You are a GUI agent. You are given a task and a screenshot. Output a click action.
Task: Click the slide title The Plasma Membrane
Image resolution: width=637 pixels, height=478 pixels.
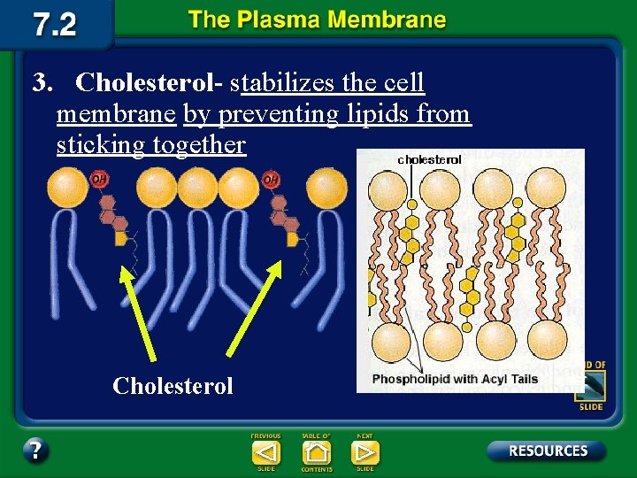[317, 21]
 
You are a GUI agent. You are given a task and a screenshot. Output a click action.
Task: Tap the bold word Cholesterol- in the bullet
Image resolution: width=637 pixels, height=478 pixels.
[149, 83]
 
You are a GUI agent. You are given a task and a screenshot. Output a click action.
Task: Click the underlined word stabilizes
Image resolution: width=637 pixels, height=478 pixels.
[282, 83]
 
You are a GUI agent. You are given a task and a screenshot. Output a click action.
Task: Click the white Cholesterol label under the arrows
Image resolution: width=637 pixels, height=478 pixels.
[173, 386]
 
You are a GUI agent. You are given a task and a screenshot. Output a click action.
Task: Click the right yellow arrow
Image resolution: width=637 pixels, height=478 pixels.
[257, 310]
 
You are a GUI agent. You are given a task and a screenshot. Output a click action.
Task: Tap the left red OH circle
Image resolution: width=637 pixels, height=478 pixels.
[99, 180]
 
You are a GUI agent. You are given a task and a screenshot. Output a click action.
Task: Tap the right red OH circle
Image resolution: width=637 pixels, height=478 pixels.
[270, 180]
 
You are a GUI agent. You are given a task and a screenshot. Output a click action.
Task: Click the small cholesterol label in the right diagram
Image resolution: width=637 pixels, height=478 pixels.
[429, 159]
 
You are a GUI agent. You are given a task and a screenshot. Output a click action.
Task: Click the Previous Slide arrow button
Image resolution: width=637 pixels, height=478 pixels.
[265, 452]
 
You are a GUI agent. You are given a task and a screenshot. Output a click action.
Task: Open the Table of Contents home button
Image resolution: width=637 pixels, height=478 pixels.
[316, 452]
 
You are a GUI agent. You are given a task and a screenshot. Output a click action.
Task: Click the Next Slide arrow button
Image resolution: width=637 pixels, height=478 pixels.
[365, 452]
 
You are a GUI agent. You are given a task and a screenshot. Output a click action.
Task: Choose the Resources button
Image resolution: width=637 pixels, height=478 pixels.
[547, 451]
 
